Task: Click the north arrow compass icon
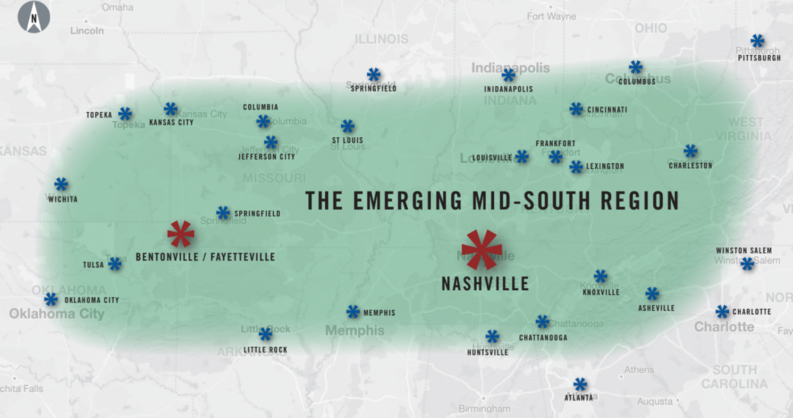click(x=34, y=17)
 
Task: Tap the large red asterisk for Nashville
click(x=481, y=249)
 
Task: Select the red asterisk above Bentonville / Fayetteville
click(x=181, y=234)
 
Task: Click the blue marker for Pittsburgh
click(x=757, y=41)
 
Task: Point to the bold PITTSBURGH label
click(x=759, y=58)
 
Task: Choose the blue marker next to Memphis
click(x=353, y=311)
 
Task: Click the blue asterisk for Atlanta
click(x=580, y=384)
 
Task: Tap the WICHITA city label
click(x=63, y=199)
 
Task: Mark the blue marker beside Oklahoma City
click(x=51, y=299)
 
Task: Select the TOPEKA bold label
click(x=99, y=115)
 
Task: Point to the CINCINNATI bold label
click(x=607, y=110)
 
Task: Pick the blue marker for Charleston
click(x=691, y=151)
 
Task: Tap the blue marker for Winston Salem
click(x=747, y=264)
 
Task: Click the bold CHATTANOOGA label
click(x=543, y=338)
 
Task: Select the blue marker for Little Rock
click(x=265, y=334)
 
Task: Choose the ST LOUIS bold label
click(x=347, y=141)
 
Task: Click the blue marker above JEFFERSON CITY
click(x=271, y=142)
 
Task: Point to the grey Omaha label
click(x=118, y=8)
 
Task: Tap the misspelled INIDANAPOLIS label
click(x=508, y=89)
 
